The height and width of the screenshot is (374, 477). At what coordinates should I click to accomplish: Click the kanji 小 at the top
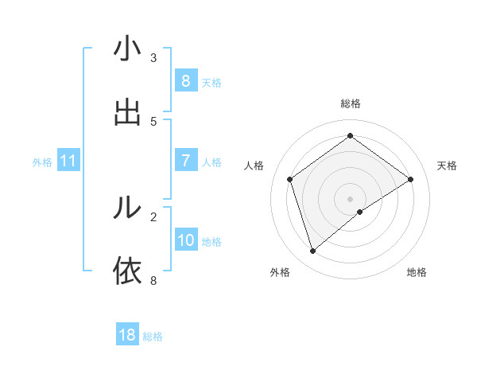[x=127, y=51]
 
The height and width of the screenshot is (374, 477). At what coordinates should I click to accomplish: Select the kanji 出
[x=127, y=113]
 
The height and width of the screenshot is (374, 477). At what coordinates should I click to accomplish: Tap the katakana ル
[x=127, y=208]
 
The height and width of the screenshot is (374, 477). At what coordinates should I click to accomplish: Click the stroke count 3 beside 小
[x=153, y=58]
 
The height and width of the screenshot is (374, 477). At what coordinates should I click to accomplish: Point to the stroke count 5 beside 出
[x=153, y=121]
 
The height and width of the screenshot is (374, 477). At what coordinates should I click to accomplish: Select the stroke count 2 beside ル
[x=153, y=216]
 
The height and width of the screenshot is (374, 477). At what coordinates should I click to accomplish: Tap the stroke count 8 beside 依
[x=153, y=279]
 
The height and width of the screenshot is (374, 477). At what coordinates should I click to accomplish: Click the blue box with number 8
[x=185, y=80]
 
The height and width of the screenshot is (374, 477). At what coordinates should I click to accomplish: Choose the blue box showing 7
[x=185, y=161]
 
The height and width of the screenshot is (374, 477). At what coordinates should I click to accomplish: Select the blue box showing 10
[x=186, y=240]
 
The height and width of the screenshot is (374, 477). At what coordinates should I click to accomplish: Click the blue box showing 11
[x=68, y=161]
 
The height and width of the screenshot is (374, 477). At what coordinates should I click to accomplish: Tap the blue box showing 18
[x=127, y=335]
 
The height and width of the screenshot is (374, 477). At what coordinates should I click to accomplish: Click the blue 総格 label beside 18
[x=153, y=337]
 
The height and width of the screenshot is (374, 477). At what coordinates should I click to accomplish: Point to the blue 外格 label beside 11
[x=42, y=162]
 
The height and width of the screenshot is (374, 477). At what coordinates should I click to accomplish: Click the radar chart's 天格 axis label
[x=448, y=166]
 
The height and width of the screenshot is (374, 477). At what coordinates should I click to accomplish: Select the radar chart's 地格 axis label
[x=417, y=272]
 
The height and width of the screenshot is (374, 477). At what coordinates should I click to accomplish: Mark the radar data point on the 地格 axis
[x=360, y=212]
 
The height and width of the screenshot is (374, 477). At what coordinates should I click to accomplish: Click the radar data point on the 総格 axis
[x=350, y=136]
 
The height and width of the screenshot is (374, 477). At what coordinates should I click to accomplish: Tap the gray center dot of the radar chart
[x=350, y=198]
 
